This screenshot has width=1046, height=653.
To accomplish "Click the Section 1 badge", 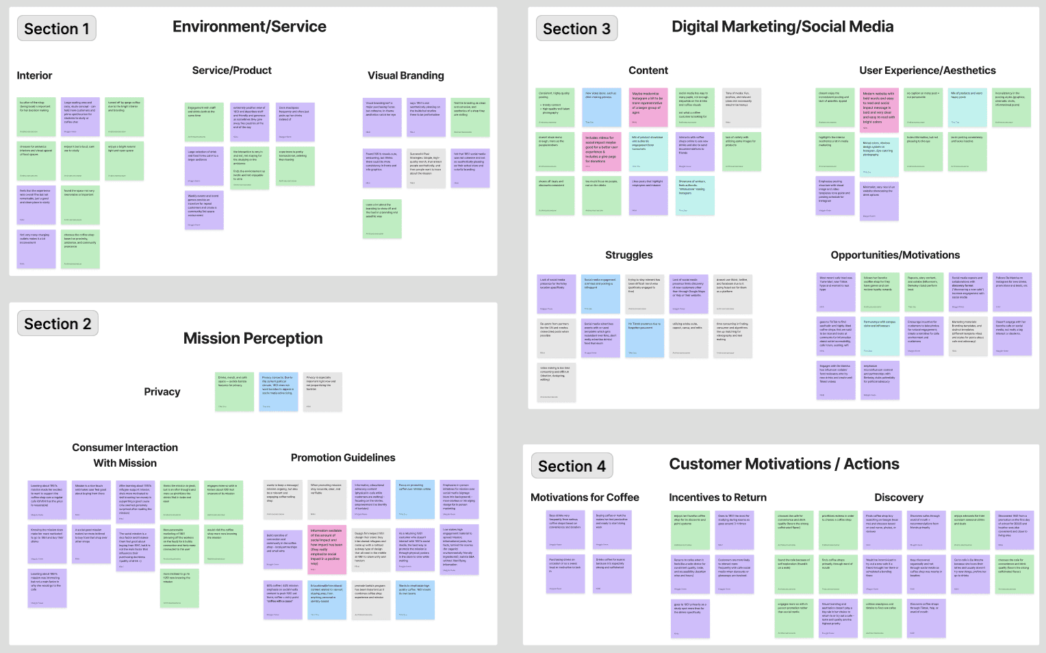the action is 57,29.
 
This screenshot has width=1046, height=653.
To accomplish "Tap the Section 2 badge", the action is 58,324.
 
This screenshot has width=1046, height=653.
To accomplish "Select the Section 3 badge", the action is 576,29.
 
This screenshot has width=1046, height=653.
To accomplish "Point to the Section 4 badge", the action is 572,466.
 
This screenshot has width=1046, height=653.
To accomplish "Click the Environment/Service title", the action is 249,27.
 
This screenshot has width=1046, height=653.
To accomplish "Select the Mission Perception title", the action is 253,338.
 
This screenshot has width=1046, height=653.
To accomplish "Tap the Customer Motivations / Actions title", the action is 784,464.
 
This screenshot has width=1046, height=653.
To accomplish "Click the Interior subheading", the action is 34,75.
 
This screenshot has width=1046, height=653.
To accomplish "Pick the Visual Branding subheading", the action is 405,75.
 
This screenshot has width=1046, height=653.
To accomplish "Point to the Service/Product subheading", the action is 231,71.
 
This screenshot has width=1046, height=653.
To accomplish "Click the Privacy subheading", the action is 162,392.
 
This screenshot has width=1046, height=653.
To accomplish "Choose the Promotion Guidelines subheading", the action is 343,457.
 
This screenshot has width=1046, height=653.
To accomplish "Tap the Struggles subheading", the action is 628,255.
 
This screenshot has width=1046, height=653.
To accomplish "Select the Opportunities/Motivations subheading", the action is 895,255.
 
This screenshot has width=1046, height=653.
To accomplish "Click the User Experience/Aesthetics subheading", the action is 928,71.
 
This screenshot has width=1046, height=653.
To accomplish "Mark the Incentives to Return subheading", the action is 717,498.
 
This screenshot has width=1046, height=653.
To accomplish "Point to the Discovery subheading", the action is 898,498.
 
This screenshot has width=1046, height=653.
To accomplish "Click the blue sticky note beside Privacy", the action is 279,392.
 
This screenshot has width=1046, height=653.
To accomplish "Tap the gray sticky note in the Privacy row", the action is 322,392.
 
